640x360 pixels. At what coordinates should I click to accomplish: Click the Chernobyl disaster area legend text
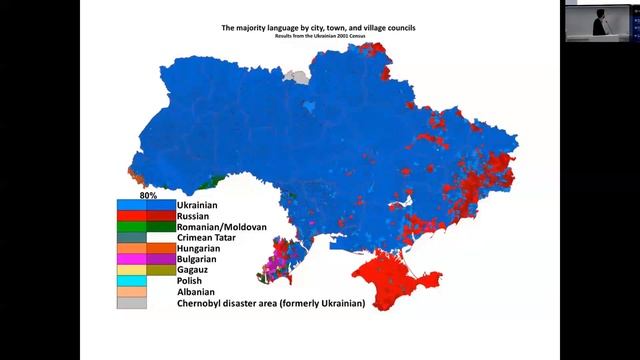(x=270, y=303)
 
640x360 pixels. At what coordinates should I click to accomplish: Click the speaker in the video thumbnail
(x=600, y=23)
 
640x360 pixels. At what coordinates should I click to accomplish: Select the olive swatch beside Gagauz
(x=161, y=270)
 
